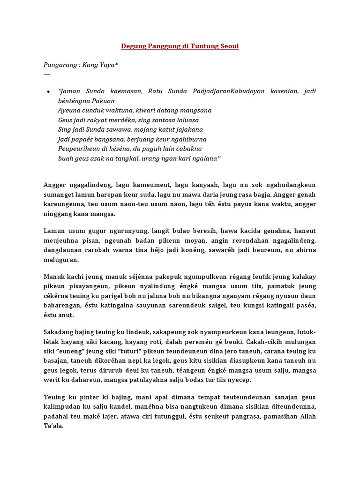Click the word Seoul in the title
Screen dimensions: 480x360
click(228, 46)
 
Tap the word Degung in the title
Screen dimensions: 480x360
click(133, 46)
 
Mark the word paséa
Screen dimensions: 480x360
click(306, 305)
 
